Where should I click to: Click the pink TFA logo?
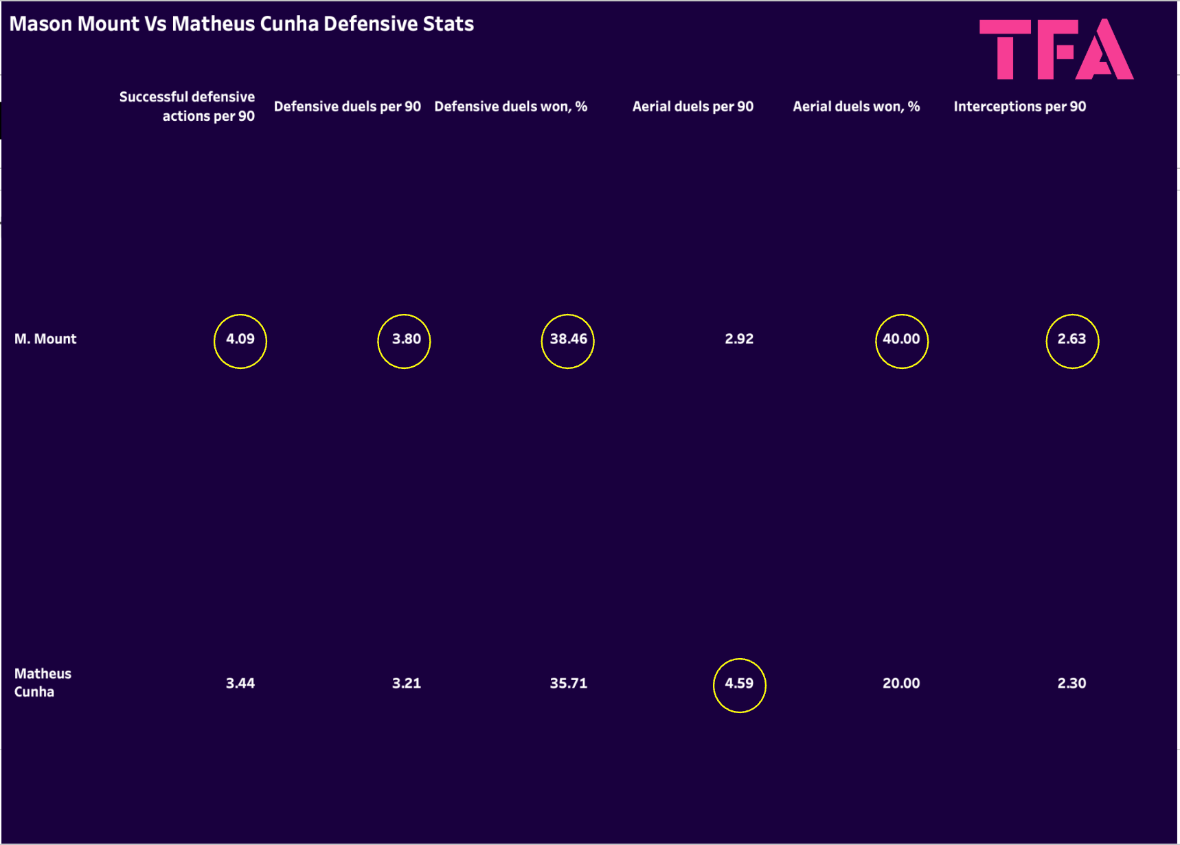[x=1056, y=49]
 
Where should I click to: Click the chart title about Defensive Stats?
[x=241, y=24]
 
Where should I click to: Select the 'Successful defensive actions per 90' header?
[x=187, y=106]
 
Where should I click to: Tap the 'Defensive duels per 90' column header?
[x=347, y=106]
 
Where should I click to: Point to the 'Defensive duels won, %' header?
[x=510, y=106]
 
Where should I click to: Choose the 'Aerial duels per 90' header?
[x=692, y=106]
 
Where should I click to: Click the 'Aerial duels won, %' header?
[x=856, y=106]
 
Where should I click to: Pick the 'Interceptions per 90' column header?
[x=1019, y=106]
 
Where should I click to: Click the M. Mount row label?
[x=45, y=339]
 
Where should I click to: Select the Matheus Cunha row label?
[x=43, y=682]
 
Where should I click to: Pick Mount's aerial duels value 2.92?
[x=739, y=339]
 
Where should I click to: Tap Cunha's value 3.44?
[x=240, y=684]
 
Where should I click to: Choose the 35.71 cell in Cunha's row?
[x=568, y=684]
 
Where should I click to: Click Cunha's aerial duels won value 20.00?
[x=901, y=684]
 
